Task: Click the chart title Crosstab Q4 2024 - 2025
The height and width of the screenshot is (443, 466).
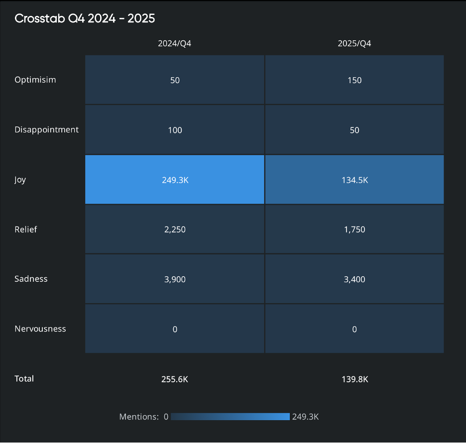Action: tap(85, 19)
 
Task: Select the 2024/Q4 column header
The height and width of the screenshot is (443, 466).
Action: tap(175, 43)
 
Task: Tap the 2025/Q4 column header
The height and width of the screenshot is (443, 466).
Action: tap(354, 43)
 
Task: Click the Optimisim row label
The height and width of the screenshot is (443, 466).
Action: tap(35, 80)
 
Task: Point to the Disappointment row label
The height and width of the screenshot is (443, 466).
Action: tap(46, 129)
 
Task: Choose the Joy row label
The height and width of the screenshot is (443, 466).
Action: tap(20, 179)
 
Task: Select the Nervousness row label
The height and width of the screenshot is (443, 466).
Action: tap(40, 329)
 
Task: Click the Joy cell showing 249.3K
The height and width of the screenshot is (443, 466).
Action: tap(175, 180)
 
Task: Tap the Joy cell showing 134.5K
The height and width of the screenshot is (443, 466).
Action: tap(354, 180)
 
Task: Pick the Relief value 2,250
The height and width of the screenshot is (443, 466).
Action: tap(175, 229)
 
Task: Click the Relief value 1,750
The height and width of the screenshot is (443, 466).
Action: tap(354, 229)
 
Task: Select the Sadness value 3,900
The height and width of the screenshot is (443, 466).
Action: tap(175, 279)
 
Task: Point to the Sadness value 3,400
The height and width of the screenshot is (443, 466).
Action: tap(354, 279)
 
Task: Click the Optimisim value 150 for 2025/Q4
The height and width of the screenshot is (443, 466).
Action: tap(354, 80)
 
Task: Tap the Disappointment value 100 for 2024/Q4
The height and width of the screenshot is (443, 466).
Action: tap(175, 130)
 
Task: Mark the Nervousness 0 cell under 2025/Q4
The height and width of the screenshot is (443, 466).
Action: tap(354, 329)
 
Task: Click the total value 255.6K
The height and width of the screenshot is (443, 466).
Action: tap(175, 379)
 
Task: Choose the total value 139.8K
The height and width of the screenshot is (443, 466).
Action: tap(354, 379)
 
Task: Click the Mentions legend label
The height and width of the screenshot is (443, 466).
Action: tap(139, 417)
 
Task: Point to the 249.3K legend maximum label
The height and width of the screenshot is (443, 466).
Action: tap(305, 417)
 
